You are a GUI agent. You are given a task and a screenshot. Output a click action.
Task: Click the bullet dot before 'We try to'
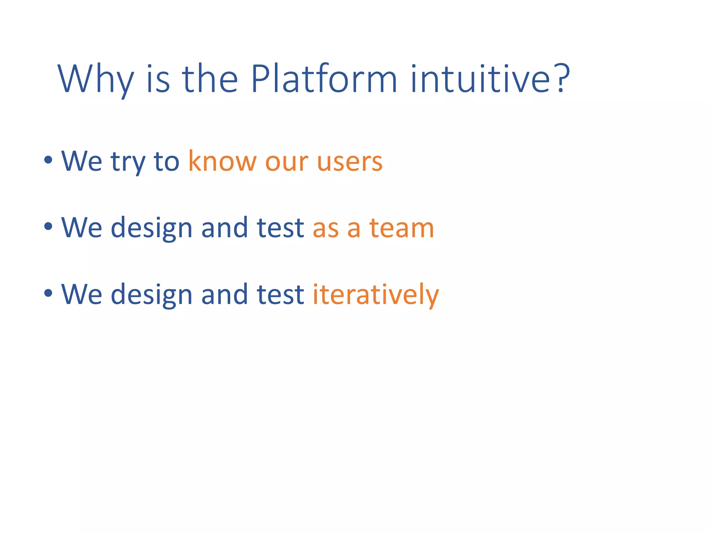(48, 160)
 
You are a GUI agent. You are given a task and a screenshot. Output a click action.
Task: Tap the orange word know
(222, 161)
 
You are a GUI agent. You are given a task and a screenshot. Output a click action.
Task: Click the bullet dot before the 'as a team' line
(48, 227)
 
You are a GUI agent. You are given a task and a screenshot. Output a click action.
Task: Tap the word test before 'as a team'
(280, 228)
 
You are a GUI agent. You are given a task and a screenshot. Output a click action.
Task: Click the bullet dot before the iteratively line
(48, 293)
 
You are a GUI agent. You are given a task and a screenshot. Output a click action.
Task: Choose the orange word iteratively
(375, 294)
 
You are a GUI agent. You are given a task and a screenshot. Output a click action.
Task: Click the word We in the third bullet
(81, 294)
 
